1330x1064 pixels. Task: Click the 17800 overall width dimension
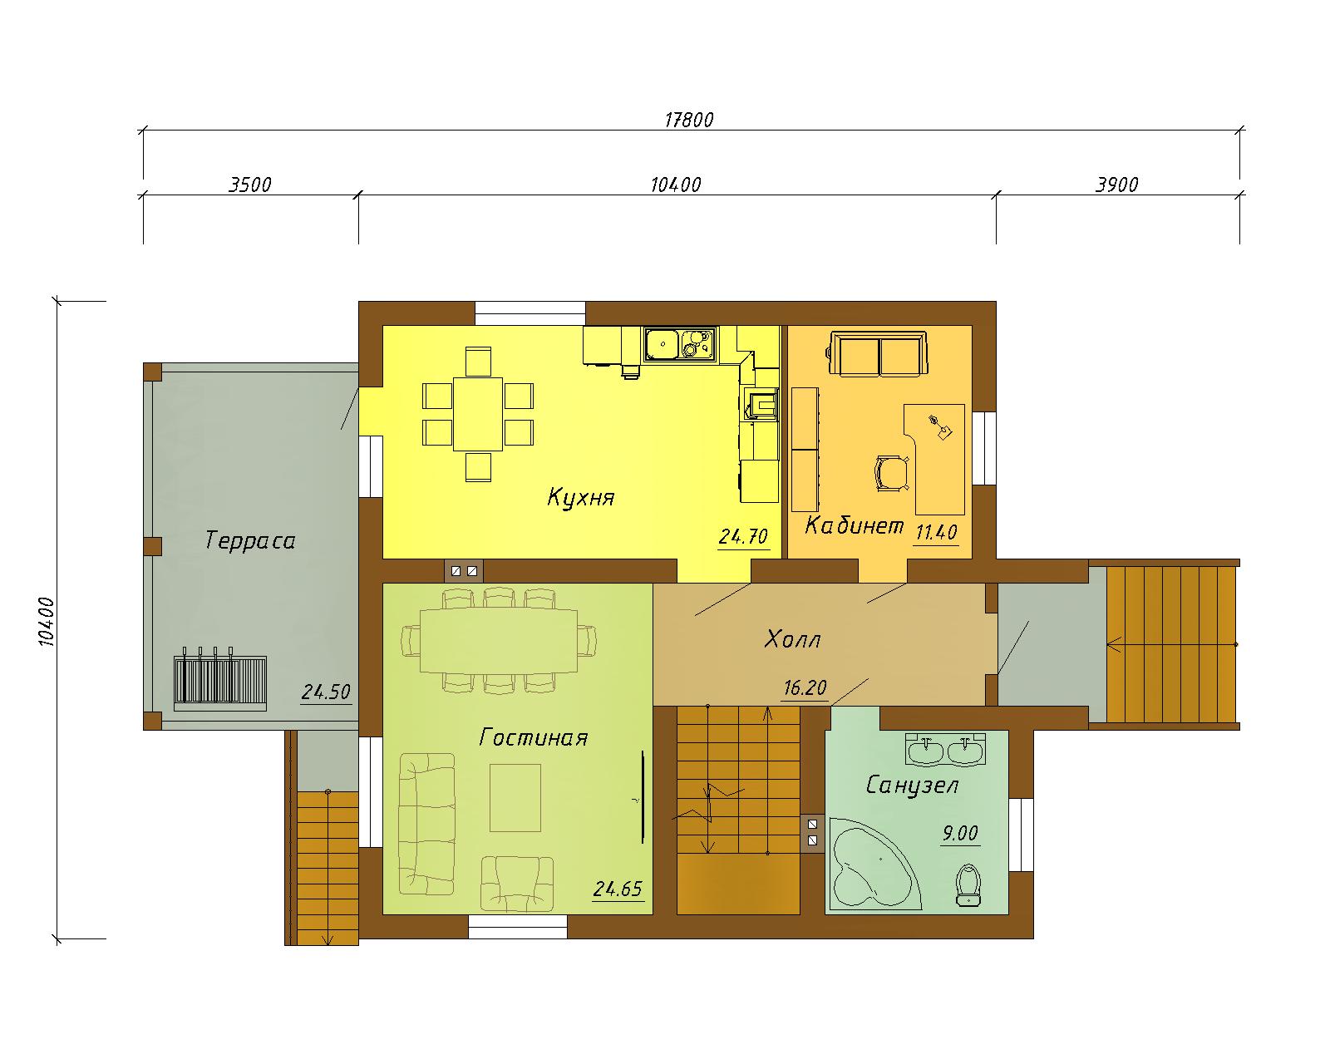(x=689, y=120)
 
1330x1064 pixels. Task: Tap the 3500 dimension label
(x=250, y=185)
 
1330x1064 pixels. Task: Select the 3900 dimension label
(x=1116, y=185)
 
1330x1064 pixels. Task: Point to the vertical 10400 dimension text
(x=47, y=621)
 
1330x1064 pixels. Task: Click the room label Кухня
(x=581, y=498)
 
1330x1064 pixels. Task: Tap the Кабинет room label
(x=855, y=526)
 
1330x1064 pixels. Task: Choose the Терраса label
(x=250, y=541)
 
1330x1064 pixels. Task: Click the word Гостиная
(x=534, y=737)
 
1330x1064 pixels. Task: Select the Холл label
(x=793, y=639)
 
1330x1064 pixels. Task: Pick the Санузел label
(x=912, y=786)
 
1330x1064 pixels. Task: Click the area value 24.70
(x=743, y=536)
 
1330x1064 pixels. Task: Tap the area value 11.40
(x=936, y=532)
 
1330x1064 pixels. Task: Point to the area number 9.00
(x=960, y=834)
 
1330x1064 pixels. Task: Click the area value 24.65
(x=618, y=889)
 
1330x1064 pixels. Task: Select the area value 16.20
(x=805, y=688)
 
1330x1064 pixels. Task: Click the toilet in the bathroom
(x=968, y=884)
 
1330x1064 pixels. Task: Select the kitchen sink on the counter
(x=681, y=344)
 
